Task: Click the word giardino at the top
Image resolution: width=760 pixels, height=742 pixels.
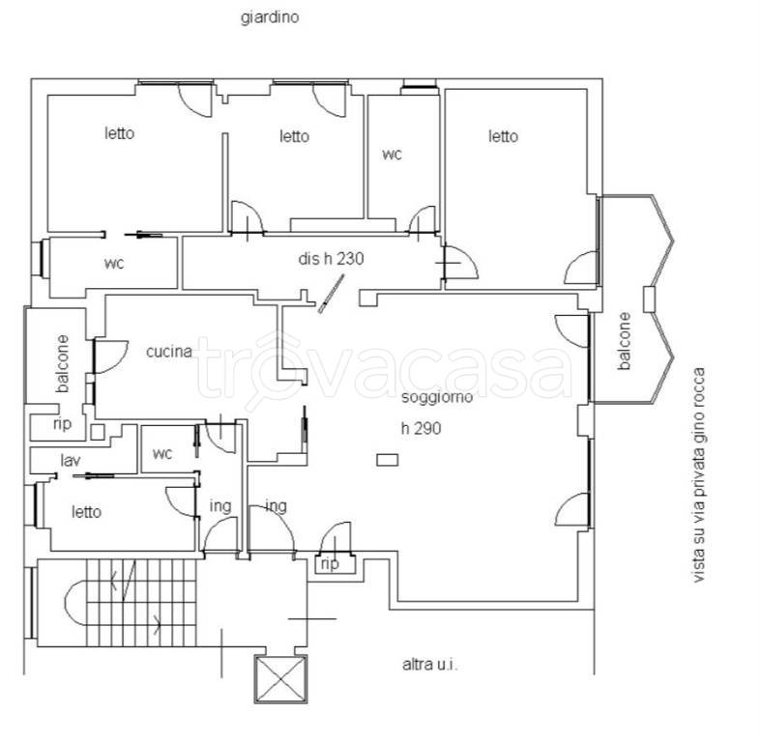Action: click(x=270, y=18)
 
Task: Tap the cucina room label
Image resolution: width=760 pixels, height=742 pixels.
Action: click(x=169, y=351)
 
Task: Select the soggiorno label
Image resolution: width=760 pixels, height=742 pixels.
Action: click(x=437, y=398)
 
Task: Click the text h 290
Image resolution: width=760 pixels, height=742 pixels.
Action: click(x=421, y=429)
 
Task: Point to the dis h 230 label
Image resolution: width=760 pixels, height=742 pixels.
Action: click(x=331, y=259)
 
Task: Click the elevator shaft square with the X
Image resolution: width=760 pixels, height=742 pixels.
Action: click(x=281, y=678)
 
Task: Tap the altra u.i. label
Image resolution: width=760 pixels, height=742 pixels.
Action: click(x=430, y=665)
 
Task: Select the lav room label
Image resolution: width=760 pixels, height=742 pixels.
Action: click(x=71, y=460)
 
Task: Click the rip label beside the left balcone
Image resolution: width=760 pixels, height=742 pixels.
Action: click(x=62, y=424)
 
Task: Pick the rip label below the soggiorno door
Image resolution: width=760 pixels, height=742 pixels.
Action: click(x=330, y=564)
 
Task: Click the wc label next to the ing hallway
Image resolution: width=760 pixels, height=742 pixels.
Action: click(x=162, y=454)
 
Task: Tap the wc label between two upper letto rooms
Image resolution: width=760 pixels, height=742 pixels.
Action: click(x=392, y=155)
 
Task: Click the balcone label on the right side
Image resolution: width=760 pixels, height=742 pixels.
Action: click(x=625, y=341)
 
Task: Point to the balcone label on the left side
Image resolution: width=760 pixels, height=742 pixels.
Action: click(x=63, y=363)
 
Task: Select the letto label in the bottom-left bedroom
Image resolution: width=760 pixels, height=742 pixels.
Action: click(x=86, y=512)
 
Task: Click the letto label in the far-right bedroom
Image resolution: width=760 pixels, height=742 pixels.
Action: click(x=503, y=136)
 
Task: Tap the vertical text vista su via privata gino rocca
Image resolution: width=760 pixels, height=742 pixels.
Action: click(x=698, y=474)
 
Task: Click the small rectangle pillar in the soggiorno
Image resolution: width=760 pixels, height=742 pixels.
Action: click(x=388, y=460)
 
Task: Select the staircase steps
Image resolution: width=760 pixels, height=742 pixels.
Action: click(x=141, y=603)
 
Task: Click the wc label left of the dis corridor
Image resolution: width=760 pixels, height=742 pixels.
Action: click(x=114, y=264)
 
